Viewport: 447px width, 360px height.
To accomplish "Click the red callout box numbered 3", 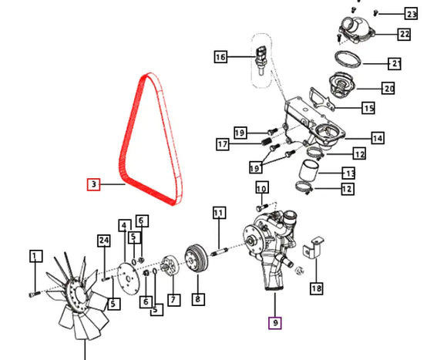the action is coord(93,184).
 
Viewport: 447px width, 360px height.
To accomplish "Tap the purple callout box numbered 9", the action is coord(275,323).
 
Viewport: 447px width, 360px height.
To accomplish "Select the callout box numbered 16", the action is coord(220,57).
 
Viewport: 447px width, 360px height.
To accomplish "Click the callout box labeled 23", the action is coord(411,14).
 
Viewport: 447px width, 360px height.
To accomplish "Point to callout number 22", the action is coord(405,34).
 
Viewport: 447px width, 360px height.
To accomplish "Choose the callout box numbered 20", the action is coord(389,89).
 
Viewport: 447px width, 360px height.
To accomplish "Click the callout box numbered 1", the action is coord(36,256).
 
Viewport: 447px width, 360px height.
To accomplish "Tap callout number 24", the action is coord(104,241).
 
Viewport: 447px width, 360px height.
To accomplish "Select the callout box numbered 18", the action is coord(317,288).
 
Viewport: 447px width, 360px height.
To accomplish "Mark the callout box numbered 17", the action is coord(223,144).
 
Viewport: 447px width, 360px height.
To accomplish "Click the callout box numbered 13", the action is coord(349,173).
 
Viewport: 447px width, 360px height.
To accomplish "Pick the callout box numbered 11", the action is coord(220,213).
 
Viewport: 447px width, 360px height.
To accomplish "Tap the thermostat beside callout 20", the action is coord(341,85).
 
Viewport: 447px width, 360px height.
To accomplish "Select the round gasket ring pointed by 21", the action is coord(348,59).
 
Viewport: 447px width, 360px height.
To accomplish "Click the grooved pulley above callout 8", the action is coord(197,258).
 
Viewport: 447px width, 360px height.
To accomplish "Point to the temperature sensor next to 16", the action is coord(260,60).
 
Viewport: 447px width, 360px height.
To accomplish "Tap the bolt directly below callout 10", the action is coord(262,207).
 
